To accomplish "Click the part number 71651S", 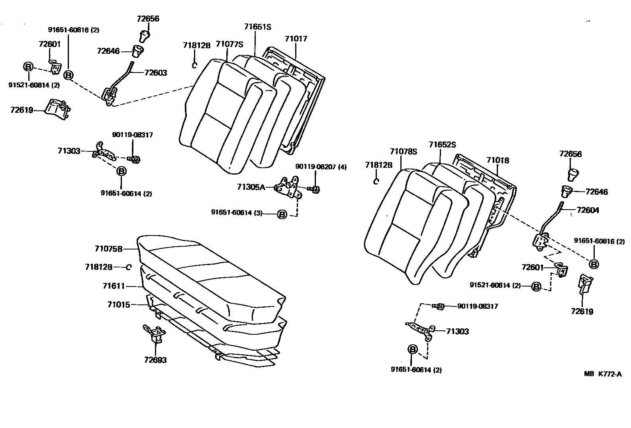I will [257, 27].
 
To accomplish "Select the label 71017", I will [296, 39].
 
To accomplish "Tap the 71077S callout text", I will [229, 44].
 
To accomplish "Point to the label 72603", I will [155, 73].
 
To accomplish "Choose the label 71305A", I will [251, 187].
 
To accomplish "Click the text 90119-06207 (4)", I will [321, 167].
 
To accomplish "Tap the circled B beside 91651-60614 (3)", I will [282, 215].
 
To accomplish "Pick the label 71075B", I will [108, 249].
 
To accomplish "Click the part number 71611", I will [114, 286].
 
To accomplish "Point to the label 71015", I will [118, 304].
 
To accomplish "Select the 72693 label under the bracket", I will [155, 360].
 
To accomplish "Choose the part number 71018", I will [498, 160].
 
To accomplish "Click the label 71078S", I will [403, 151].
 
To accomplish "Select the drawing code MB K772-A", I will [603, 374].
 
